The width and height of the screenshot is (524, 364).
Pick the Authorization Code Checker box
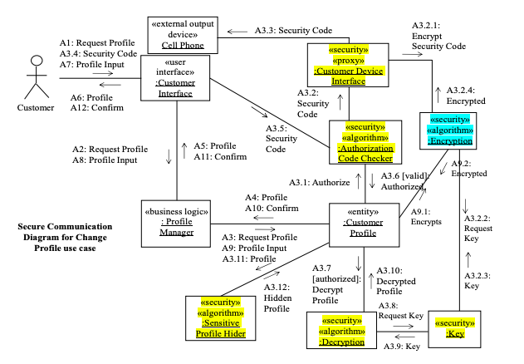coord(365,142)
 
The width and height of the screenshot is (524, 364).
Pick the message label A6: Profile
coord(84,96)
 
